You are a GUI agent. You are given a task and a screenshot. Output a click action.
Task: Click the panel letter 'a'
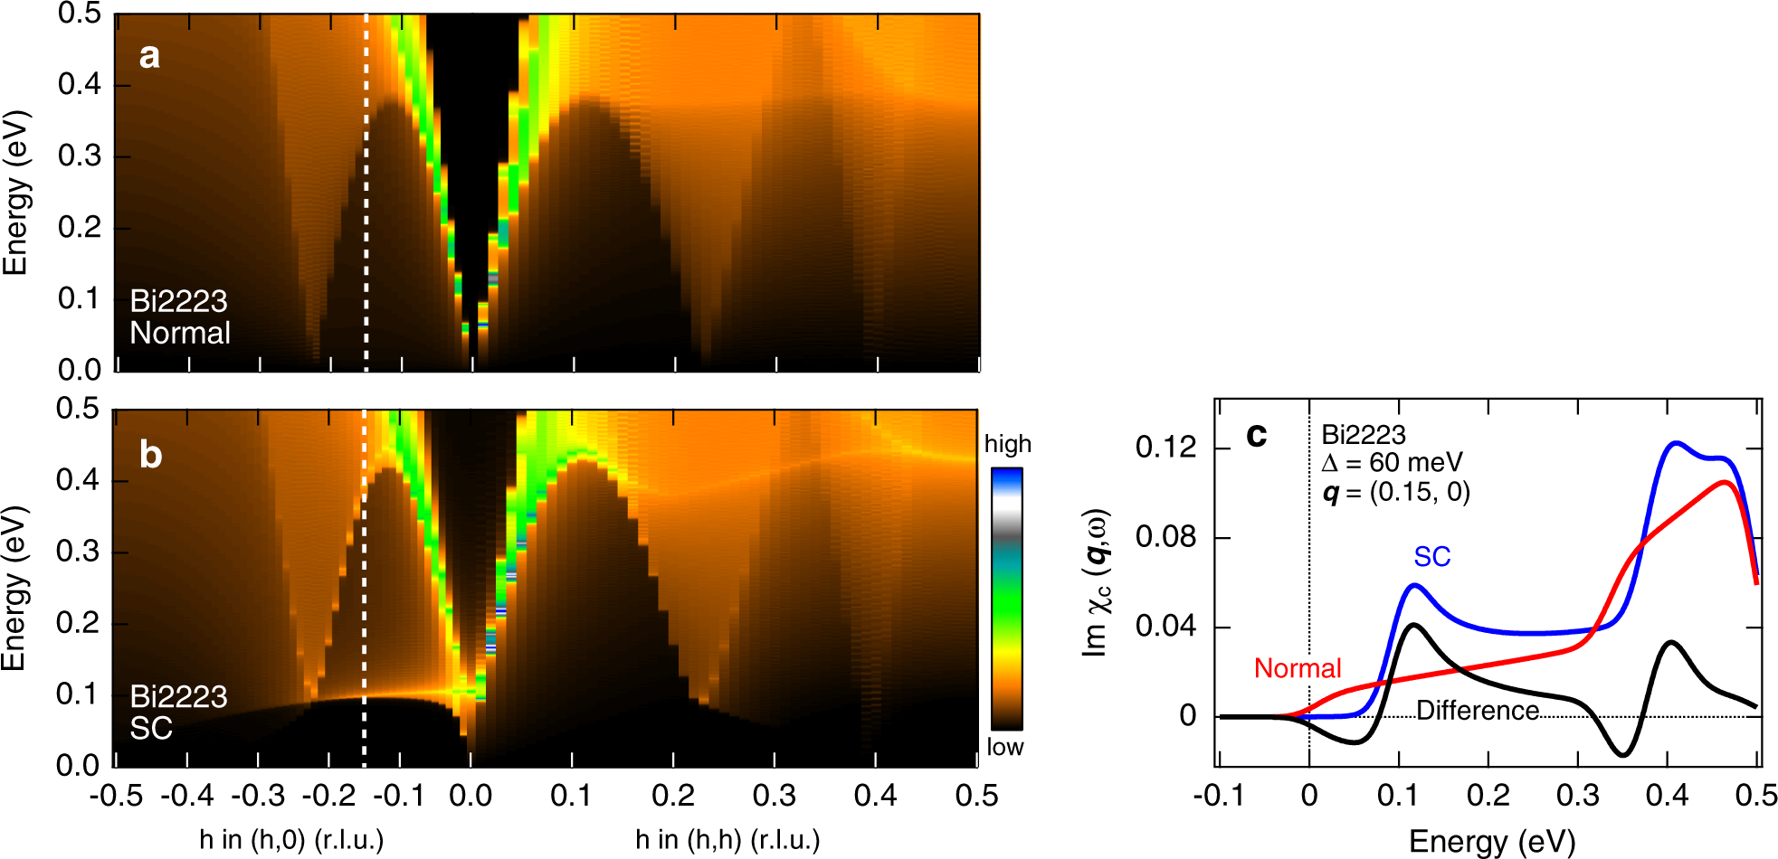pyautogui.click(x=149, y=56)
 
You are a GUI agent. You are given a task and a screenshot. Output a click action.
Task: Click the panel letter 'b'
pyautogui.click(x=150, y=455)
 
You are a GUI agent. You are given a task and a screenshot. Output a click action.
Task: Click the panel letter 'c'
pyautogui.click(x=1256, y=435)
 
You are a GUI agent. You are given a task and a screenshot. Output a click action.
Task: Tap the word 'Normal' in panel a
pyautogui.click(x=180, y=333)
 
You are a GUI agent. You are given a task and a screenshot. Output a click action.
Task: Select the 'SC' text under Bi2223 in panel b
pyautogui.click(x=150, y=728)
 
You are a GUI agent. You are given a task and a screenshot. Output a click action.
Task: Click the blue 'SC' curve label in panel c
pyautogui.click(x=1431, y=557)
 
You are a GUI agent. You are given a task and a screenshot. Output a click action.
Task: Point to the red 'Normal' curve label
pyautogui.click(x=1297, y=668)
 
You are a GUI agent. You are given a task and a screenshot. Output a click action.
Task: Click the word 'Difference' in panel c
pyautogui.click(x=1477, y=711)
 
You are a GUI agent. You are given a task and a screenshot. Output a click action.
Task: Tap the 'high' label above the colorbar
pyautogui.click(x=1007, y=444)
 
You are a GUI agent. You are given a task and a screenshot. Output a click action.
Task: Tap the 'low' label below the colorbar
pyautogui.click(x=1004, y=747)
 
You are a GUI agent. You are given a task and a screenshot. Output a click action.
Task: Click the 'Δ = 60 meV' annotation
pyautogui.click(x=1391, y=463)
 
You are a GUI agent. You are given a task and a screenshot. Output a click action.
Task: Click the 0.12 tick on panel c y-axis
pyautogui.click(x=1165, y=448)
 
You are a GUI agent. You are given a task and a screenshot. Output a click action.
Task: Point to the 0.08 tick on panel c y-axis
pyautogui.click(x=1165, y=537)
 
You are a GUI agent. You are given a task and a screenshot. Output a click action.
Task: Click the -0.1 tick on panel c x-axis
pyautogui.click(x=1218, y=796)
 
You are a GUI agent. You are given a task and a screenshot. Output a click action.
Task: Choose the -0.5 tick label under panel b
pyautogui.click(x=116, y=796)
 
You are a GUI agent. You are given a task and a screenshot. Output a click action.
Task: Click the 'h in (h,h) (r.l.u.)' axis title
pyautogui.click(x=727, y=840)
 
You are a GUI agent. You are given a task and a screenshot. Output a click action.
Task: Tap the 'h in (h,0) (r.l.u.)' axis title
pyautogui.click(x=291, y=840)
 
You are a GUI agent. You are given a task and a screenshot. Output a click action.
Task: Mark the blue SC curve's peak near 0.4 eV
pyautogui.click(x=1676, y=443)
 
